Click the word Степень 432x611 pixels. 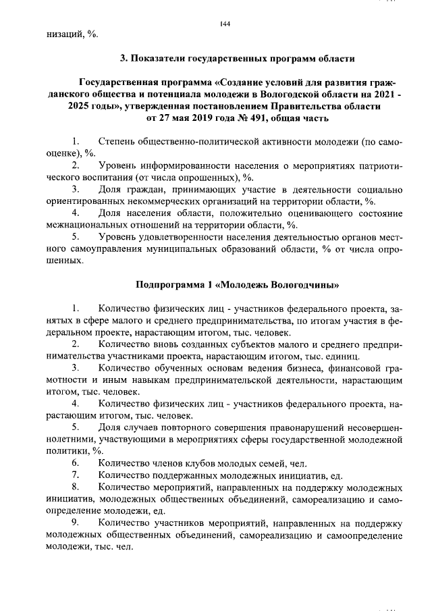pos(119,142)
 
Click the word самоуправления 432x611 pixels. pos(111,250)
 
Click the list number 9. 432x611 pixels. pos(76,523)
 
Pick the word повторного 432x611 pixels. pos(195,428)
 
